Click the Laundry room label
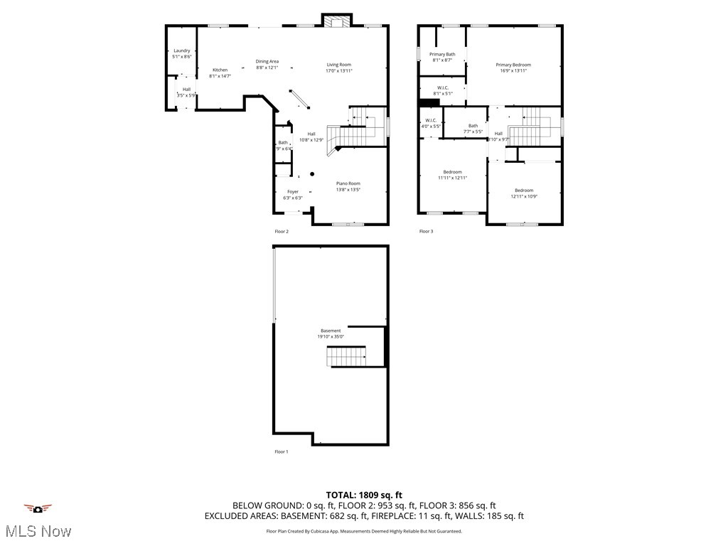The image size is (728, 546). (x=182, y=50)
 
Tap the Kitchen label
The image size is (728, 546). (x=220, y=70)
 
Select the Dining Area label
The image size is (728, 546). (x=267, y=62)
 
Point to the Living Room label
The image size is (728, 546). (x=339, y=65)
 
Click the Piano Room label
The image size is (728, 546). (x=348, y=183)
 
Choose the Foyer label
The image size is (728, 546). (x=293, y=192)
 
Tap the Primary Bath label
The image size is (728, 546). (x=442, y=54)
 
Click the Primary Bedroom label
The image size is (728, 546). (x=513, y=65)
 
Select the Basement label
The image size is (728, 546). (x=331, y=331)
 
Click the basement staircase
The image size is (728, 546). (x=346, y=355)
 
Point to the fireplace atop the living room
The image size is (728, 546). (x=335, y=21)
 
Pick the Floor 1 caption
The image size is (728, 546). (x=282, y=451)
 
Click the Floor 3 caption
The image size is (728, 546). (x=426, y=231)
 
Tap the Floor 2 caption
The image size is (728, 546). (x=282, y=231)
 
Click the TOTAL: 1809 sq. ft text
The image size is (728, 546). (x=364, y=495)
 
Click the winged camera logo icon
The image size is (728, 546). (x=38, y=508)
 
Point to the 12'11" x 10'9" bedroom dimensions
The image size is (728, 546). (x=524, y=196)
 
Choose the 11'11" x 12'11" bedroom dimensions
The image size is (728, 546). (x=453, y=178)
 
